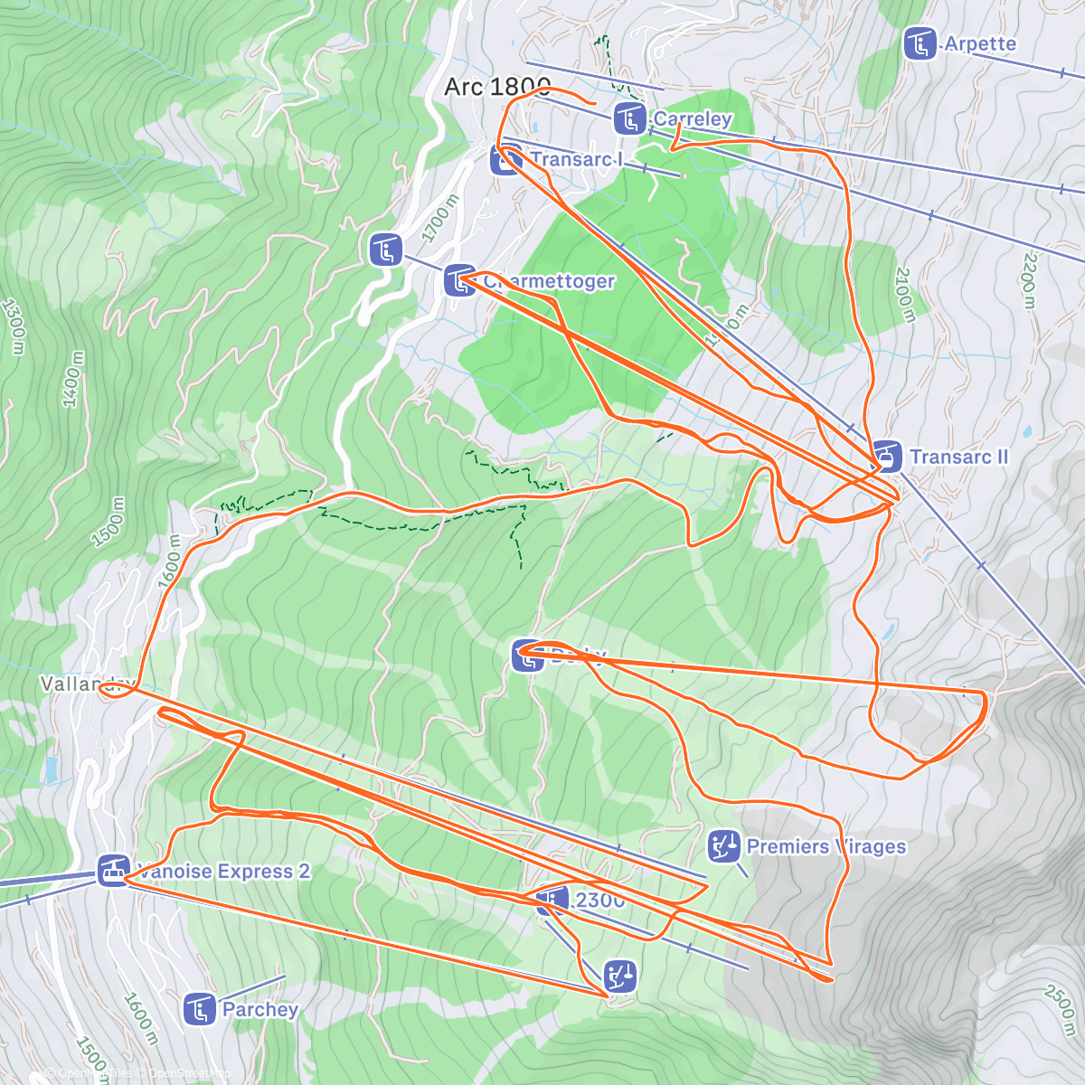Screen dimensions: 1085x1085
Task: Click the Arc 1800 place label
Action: point(496,87)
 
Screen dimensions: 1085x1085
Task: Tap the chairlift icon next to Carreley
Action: point(629,118)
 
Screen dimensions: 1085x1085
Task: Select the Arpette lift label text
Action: point(980,43)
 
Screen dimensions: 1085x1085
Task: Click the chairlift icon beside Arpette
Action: point(920,43)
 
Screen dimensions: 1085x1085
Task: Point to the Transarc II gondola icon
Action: point(886,457)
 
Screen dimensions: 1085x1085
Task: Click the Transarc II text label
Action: point(958,457)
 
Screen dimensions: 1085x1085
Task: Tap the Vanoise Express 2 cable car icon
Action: point(113,872)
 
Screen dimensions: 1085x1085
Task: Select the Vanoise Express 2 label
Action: point(223,872)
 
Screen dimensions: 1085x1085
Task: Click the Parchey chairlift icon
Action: point(200,1009)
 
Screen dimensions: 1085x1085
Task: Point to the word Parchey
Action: point(259,1009)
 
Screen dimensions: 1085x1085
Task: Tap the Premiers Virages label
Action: point(826,847)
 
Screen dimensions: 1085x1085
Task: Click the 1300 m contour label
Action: point(15,325)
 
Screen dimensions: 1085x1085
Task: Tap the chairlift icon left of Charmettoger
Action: point(386,250)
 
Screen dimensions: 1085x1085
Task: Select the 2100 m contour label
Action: point(905,295)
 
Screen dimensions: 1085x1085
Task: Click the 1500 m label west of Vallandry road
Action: point(108,523)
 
